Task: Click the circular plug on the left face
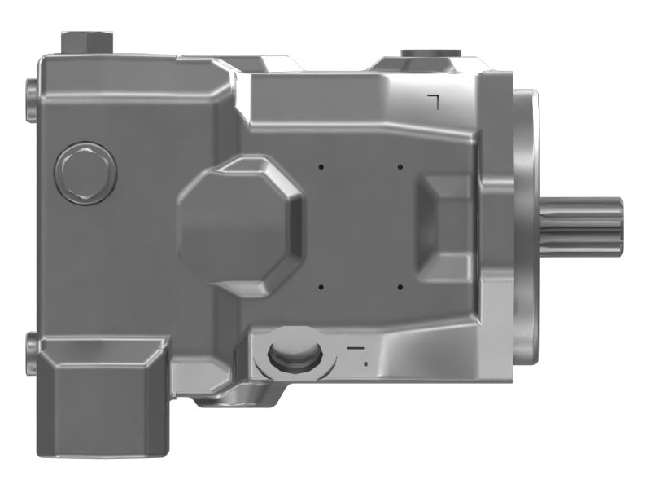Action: coord(85,174)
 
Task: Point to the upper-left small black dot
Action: coord(321,167)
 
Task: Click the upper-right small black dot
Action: coord(400,167)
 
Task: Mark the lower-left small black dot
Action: coord(321,287)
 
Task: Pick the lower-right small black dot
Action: coord(400,287)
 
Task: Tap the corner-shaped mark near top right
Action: coord(434,100)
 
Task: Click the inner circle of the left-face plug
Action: coord(85,174)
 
